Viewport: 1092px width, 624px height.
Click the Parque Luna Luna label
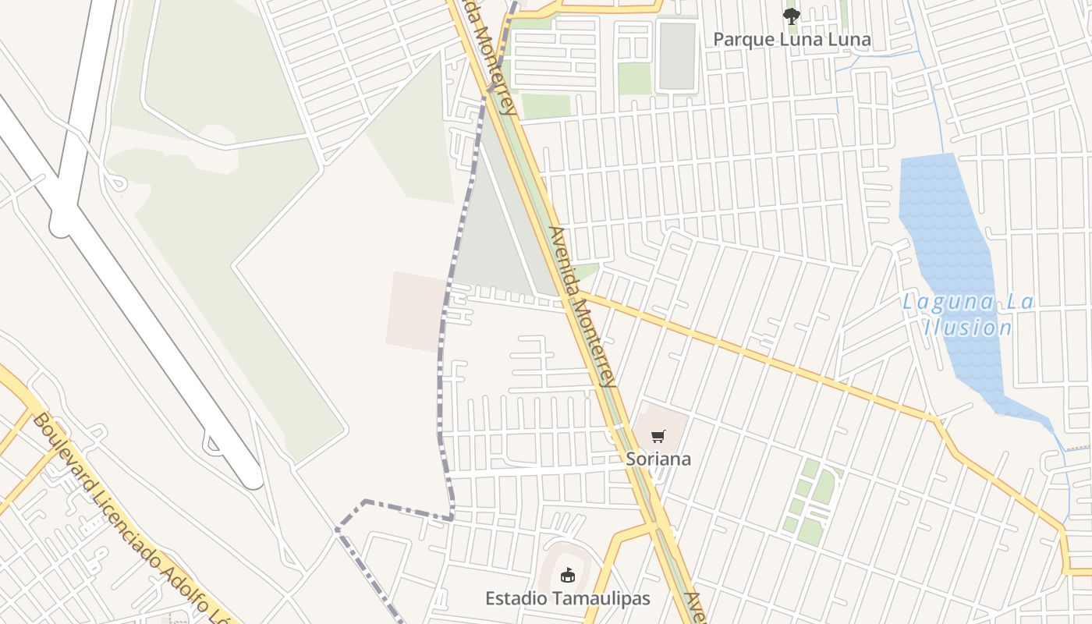792,39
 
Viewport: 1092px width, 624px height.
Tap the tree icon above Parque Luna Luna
791,16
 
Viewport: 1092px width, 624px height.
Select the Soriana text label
658,459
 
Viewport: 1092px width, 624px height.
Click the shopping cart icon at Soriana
658,436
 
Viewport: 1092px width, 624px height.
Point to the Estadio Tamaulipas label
567,598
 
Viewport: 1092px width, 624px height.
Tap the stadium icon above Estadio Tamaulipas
567,575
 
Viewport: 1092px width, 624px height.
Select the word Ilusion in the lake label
967,328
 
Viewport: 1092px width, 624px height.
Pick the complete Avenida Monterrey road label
583,307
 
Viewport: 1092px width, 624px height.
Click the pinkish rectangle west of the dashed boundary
416,310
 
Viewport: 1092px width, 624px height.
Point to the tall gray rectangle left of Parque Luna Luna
676,56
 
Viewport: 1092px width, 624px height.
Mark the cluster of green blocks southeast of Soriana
811,499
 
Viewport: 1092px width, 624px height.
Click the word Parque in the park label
744,39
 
